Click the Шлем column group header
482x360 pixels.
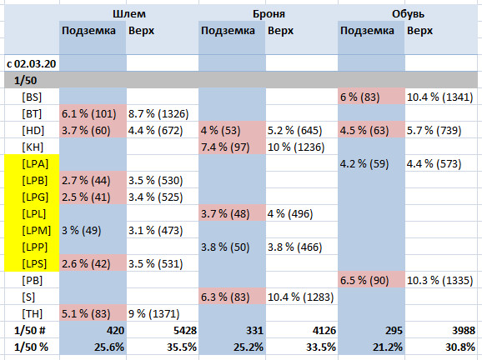129,14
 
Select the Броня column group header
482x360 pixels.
269,14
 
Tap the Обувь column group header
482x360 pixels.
408,14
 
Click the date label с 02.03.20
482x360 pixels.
32,63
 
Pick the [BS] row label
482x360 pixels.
32,97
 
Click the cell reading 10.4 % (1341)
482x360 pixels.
439,97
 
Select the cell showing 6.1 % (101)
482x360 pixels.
89,114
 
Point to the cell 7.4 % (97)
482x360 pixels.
225,147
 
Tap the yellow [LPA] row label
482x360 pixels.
35,163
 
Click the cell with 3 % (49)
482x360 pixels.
82,230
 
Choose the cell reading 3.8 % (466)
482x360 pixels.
295,247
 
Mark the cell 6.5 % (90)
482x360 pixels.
364,281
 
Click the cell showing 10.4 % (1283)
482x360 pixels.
301,297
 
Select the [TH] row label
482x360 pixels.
32,313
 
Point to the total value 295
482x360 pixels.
394,331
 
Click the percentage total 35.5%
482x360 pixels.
182,347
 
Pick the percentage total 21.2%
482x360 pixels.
388,347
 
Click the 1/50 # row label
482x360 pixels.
30,331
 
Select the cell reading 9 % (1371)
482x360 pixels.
153,313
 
